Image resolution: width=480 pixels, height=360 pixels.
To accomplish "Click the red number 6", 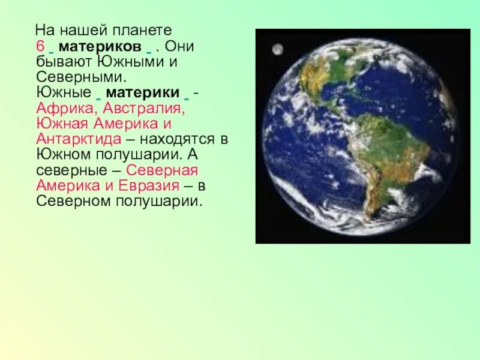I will tap(40, 46).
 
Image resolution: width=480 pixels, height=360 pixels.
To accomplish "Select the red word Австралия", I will tap(143, 109).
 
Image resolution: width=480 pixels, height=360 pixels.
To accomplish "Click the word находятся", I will tap(181, 139).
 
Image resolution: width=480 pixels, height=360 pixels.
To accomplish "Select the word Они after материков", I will tap(179, 46).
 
